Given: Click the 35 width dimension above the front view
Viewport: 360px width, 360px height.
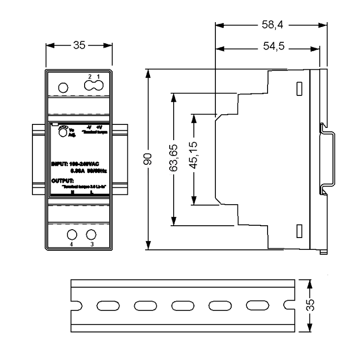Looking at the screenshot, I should tap(79, 46).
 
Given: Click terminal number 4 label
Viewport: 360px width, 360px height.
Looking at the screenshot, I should tap(71, 244).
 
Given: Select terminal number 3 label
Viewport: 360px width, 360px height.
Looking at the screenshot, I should tap(91, 244).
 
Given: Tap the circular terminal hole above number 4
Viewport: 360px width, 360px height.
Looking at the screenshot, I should tap(72, 234).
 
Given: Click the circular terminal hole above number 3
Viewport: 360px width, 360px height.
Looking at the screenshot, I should tap(91, 234).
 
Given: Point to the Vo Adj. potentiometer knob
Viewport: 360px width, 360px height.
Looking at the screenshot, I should tap(62, 131).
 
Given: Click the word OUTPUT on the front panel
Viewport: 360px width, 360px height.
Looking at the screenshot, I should tap(61, 181).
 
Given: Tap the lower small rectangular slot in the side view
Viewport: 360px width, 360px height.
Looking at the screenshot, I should tap(299, 230).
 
